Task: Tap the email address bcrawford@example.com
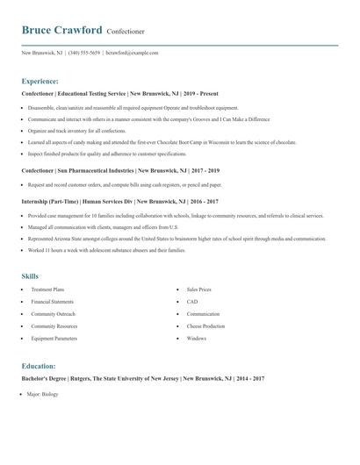tap(132, 53)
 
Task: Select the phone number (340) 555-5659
tap(83, 53)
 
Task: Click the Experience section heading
tap(40, 80)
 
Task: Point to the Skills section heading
tap(30, 275)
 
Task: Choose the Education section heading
tap(39, 365)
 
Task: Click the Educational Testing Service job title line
tap(120, 93)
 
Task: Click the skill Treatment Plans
tap(48, 289)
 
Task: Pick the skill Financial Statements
tap(54, 301)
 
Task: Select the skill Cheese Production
tap(205, 325)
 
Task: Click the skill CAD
tap(192, 301)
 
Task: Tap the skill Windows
tap(197, 338)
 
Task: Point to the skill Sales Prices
tap(199, 289)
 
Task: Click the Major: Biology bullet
tap(44, 397)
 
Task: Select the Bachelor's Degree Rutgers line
tap(143, 378)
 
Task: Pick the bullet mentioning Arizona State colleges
tap(176, 238)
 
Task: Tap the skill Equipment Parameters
tap(54, 338)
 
